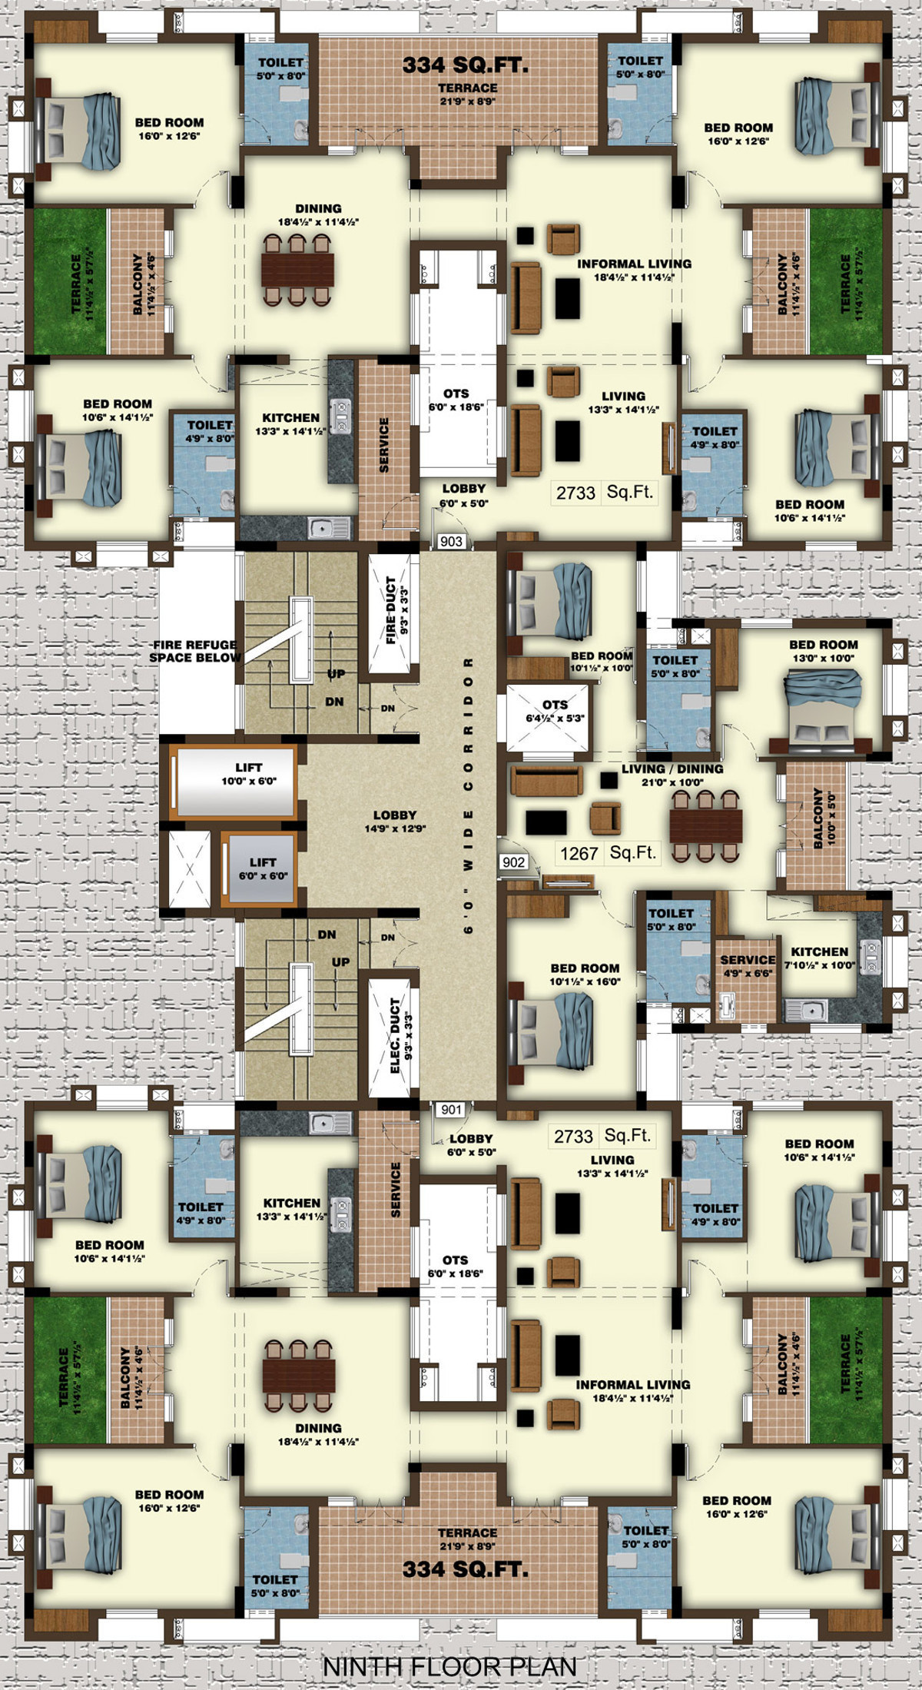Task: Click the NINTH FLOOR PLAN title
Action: pos(449,1667)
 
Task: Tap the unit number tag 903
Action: pos(452,541)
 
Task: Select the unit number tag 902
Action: pos(513,862)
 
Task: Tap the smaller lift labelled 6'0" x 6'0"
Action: pos(258,868)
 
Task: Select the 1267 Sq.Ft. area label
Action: pos(608,853)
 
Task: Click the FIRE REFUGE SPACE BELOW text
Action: pos(194,652)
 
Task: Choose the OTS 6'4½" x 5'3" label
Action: pos(555,711)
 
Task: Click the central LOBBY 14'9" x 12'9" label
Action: pos(395,822)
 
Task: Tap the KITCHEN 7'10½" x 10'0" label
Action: pos(820,958)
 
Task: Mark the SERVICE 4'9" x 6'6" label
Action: pos(748,966)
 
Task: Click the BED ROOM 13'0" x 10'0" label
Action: pos(823,652)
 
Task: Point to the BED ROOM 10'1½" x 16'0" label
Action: pos(585,974)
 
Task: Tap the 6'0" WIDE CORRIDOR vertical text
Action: pos(468,795)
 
